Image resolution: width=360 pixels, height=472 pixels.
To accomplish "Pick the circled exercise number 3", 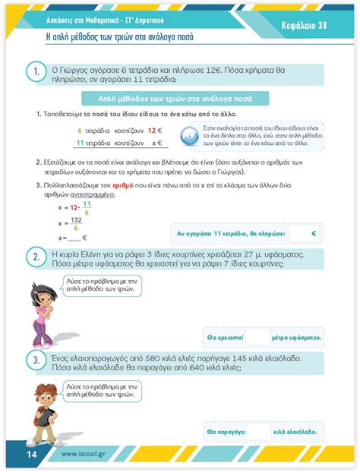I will coord(35,360).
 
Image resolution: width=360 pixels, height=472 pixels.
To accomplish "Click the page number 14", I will coord(31,454).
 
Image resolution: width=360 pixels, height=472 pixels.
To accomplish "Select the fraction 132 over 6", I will coord(77,221).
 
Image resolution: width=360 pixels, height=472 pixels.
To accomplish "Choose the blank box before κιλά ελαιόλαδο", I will coord(258,431).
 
